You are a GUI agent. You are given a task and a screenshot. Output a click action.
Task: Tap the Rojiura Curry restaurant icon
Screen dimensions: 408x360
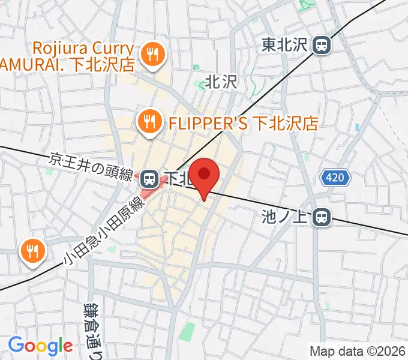pyautogui.click(x=149, y=55)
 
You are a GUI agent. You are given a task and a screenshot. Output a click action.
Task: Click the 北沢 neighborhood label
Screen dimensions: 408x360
pyautogui.click(x=221, y=82)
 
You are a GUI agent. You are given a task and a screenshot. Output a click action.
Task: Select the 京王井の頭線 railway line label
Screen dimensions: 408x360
pyautogui.click(x=95, y=166)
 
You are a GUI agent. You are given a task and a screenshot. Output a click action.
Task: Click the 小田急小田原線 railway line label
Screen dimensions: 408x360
pyautogui.click(x=106, y=230)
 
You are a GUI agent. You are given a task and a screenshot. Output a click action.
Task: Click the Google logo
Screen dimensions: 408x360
pyautogui.click(x=40, y=346)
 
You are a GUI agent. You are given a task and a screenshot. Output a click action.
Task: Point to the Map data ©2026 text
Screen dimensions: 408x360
pyautogui.click(x=357, y=351)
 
